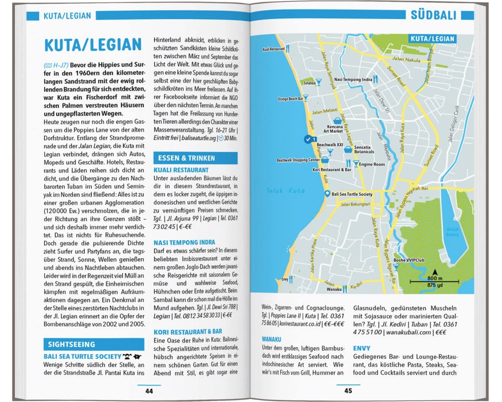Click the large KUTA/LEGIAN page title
point(93,45)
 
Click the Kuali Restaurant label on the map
point(273,50)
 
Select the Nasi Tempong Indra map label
point(353,79)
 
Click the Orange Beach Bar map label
point(290,99)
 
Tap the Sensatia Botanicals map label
point(363,149)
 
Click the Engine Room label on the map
point(371,164)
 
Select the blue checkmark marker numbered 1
point(308,139)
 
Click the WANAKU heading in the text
point(271,339)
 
